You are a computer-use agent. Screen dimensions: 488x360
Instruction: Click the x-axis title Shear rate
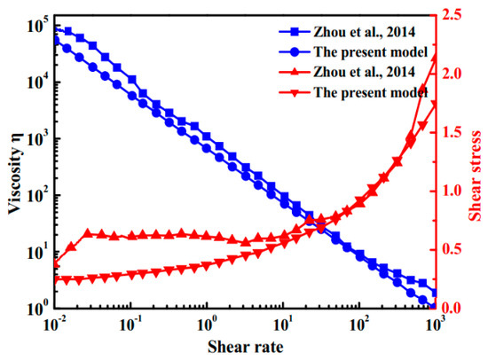pyautogui.click(x=246, y=347)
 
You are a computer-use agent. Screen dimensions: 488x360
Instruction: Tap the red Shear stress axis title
pyautogui.click(x=475, y=176)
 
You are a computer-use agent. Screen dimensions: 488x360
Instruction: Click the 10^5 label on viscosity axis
pyautogui.click(x=36, y=27)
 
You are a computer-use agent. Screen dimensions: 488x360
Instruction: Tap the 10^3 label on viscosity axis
pyautogui.click(x=36, y=139)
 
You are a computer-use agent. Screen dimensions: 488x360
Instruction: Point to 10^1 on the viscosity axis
pyautogui.click(x=36, y=252)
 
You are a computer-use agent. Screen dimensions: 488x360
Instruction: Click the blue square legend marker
pyautogui.click(x=295, y=32)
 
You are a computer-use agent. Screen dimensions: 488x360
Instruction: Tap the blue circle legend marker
pyautogui.click(x=295, y=52)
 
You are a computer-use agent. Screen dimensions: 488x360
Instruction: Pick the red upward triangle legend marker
pyautogui.click(x=295, y=72)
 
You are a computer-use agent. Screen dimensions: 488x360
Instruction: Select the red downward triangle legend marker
pyautogui.click(x=295, y=92)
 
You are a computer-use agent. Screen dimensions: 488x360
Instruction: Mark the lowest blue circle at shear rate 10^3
pyautogui.click(x=433, y=307)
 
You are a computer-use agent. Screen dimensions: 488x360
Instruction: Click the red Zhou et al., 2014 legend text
pyautogui.click(x=365, y=72)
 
